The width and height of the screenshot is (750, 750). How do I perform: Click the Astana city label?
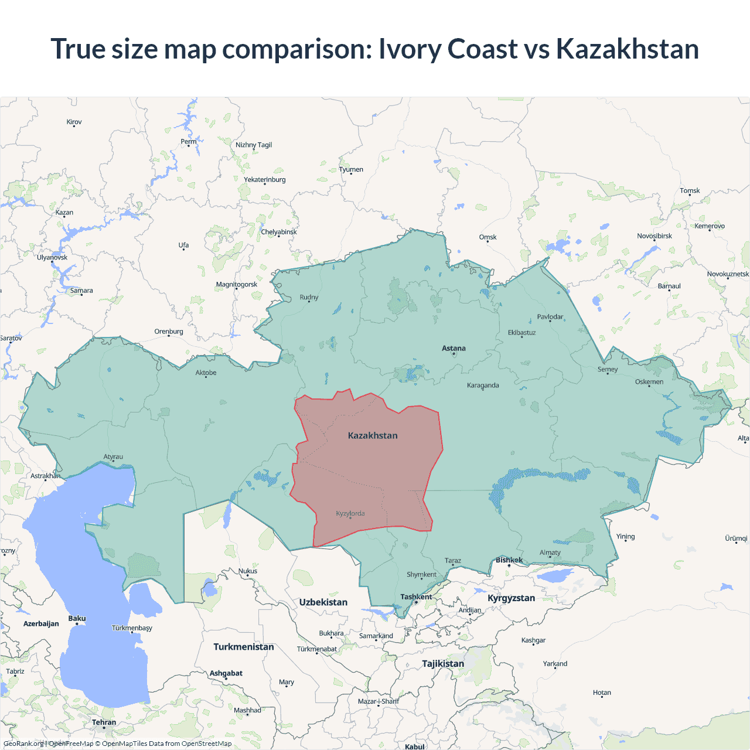coord(454,348)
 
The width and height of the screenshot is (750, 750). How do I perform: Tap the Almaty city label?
coord(550,553)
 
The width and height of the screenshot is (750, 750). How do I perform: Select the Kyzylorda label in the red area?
coord(350,513)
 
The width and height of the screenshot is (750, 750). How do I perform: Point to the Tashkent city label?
coord(416,596)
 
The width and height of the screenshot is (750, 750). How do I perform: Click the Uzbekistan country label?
coord(323,602)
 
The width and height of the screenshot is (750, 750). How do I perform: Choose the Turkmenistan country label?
coord(244,647)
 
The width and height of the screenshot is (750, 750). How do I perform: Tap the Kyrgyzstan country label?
coord(511,598)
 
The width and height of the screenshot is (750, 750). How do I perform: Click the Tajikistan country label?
coord(443,663)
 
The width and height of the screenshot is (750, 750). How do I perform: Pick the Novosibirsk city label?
coord(654,236)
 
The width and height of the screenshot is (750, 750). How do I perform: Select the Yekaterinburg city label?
coord(265,179)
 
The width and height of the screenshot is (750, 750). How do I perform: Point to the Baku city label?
coord(77,618)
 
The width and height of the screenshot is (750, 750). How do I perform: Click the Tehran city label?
coord(104,722)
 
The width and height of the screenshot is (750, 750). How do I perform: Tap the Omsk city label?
coord(487,237)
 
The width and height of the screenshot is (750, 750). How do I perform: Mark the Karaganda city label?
coord(483,385)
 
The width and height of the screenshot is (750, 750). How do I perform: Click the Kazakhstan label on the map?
coord(373,435)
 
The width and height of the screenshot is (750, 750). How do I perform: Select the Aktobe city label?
coord(206,373)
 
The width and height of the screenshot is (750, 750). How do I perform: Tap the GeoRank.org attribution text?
coord(23,744)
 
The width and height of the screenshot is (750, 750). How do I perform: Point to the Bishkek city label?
coord(509,560)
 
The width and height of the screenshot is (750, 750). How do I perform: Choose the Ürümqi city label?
coord(736,538)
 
